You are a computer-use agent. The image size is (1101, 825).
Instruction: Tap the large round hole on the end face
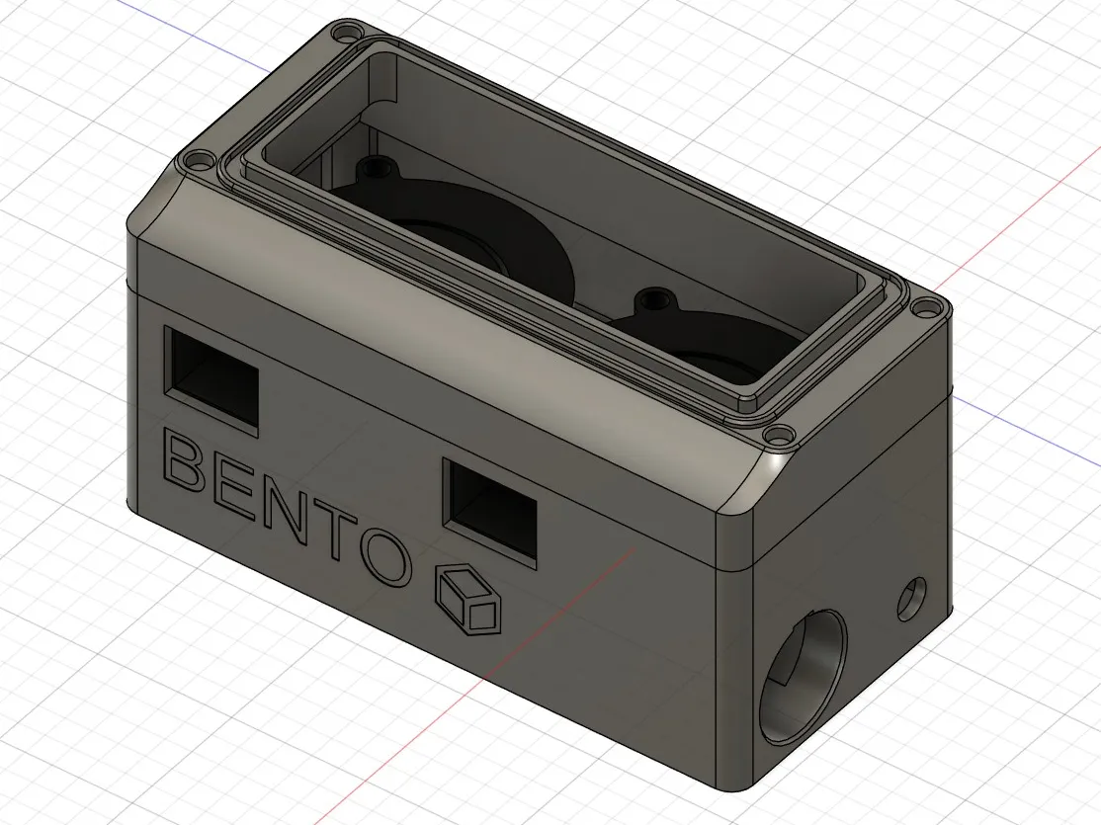(x=804, y=677)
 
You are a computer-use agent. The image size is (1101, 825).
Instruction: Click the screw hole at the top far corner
(x=344, y=36)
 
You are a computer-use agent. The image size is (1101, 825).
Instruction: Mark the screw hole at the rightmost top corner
(x=924, y=307)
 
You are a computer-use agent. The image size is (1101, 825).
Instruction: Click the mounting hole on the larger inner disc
(x=376, y=169)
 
